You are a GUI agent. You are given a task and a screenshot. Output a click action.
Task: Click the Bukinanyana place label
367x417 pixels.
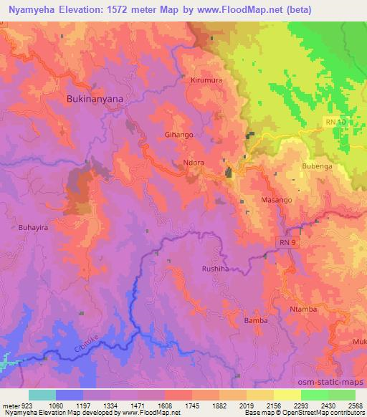click(x=95, y=99)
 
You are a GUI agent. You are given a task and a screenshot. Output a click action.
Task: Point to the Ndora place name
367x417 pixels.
click(x=195, y=162)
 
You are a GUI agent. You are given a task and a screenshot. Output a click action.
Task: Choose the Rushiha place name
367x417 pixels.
click(x=215, y=269)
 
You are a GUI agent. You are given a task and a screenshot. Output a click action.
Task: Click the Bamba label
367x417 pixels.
click(x=256, y=320)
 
